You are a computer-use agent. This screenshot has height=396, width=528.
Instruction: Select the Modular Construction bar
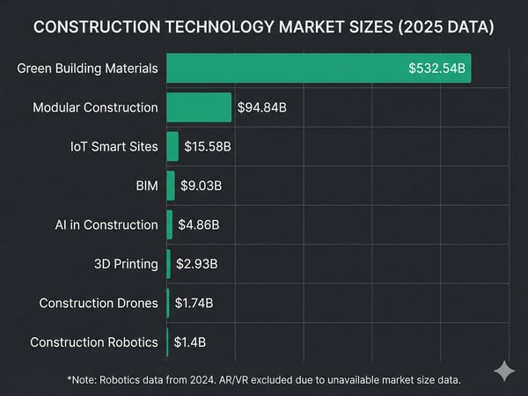199,107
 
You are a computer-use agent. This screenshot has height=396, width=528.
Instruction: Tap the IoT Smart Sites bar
172,146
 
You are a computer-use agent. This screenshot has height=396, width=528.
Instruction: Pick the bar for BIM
171,186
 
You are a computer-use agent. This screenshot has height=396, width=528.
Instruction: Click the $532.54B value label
436,69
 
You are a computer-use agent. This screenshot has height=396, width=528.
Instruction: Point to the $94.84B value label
262,107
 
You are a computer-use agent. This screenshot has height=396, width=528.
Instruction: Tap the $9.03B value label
202,186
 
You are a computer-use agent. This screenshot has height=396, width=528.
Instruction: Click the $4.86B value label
199,224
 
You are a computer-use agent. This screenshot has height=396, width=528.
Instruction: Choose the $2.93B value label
197,264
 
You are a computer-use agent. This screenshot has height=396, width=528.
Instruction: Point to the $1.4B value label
190,342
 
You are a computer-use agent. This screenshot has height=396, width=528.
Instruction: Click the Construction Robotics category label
94,342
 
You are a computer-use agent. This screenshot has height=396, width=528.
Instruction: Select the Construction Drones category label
99,303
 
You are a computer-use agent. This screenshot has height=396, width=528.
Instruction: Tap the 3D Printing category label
126,264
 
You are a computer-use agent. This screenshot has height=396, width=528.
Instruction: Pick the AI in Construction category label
106,224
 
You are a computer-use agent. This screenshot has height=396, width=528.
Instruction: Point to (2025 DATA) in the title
445,28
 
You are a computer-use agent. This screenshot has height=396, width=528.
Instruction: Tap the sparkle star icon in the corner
504,370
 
